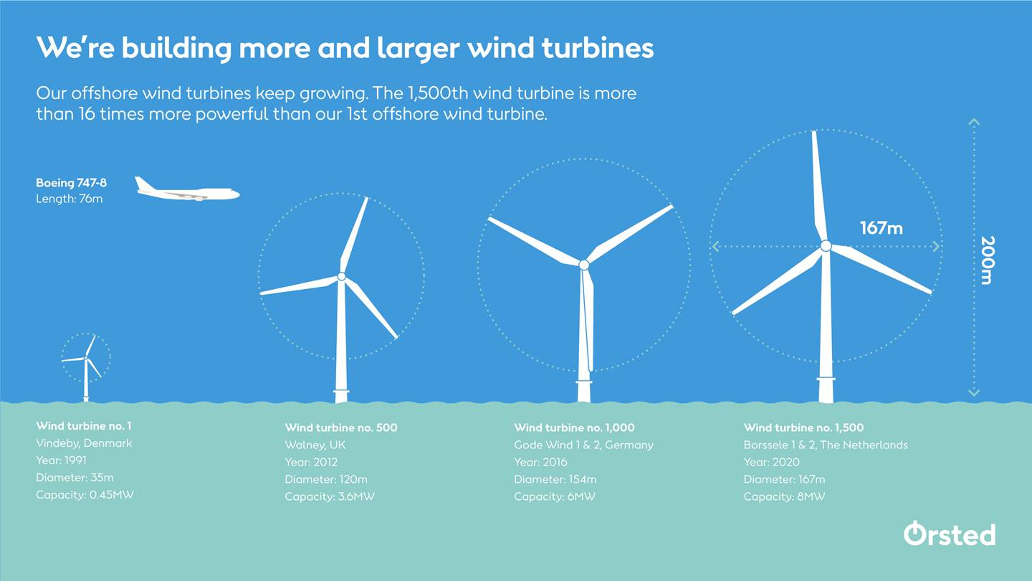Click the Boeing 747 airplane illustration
pos(186,191)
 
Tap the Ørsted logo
pos(949,534)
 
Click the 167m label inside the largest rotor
pos(881,228)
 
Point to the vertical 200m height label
pos(986,260)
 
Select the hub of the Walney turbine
pos(341,276)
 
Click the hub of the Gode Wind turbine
pos(583,265)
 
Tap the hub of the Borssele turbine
pos(826,246)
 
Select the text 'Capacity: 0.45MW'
pos(85,494)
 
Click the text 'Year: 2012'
pos(311,462)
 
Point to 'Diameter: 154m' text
pos(555,479)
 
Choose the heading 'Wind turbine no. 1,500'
pos(803,428)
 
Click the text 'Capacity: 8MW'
pos(784,496)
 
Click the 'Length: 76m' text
pos(69,199)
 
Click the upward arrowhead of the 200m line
pos(973,122)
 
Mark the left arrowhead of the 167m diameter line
pos(715,247)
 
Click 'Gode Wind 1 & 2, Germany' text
pos(583,445)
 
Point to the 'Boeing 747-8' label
pos(71,183)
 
